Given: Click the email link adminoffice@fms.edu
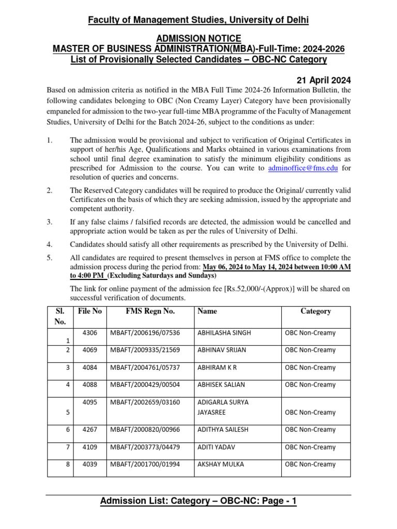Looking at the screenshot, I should (x=304, y=168).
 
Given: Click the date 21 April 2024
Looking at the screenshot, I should (x=323, y=80).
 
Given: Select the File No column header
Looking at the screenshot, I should (x=89, y=311).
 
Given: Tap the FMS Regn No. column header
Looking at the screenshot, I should (x=150, y=311).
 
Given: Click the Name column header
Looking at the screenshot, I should (x=207, y=311).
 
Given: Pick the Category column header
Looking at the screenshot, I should (x=315, y=311).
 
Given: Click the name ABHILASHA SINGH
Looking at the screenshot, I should (x=224, y=333).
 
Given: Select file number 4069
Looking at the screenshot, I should (x=90, y=350).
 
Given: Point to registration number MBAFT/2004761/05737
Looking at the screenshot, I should (x=145, y=367).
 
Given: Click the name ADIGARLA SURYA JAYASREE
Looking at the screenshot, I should (x=223, y=408).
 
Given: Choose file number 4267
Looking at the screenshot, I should (x=90, y=430).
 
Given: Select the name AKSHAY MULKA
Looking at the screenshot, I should (x=221, y=464).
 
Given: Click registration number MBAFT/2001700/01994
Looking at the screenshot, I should (x=145, y=464).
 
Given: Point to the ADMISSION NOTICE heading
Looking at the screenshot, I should (x=198, y=38).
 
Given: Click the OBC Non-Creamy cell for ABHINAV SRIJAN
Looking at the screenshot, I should (x=310, y=350).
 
